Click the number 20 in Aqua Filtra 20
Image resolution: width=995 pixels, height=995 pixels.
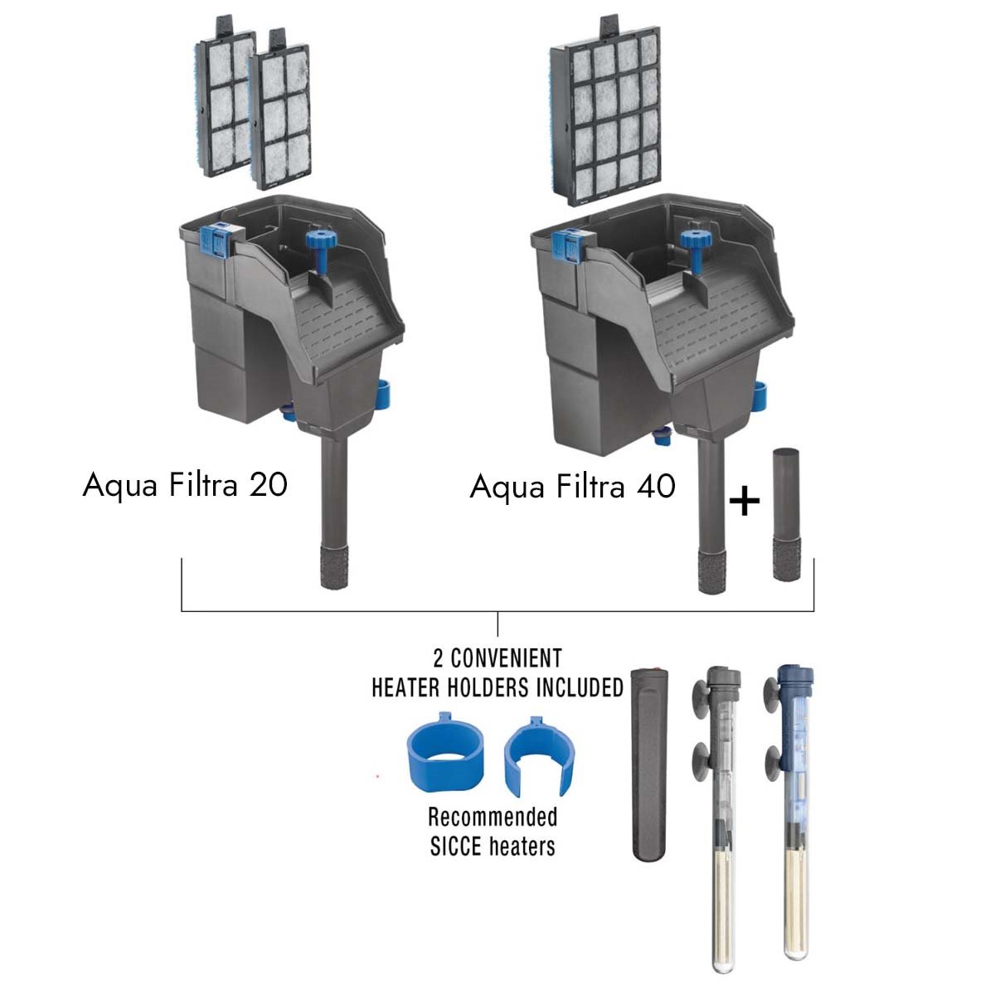pyautogui.click(x=268, y=485)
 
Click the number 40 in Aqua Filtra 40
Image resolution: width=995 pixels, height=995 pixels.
pyautogui.click(x=656, y=487)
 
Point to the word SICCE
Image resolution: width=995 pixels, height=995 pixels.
pyautogui.click(x=456, y=847)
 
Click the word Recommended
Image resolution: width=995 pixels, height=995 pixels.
pyautogui.click(x=493, y=817)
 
